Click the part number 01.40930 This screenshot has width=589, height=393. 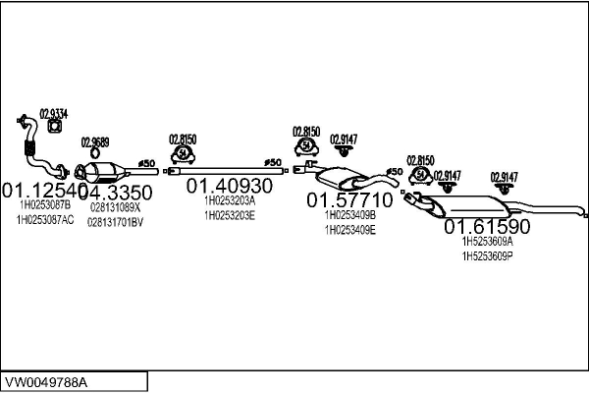click(230, 186)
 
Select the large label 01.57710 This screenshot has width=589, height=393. click(349, 200)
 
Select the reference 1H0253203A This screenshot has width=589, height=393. click(230, 200)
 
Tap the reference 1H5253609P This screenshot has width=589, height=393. click(488, 255)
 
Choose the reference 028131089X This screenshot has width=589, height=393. click(116, 207)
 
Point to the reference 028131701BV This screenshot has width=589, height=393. click(116, 222)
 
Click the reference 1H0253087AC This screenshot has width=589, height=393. click(45, 220)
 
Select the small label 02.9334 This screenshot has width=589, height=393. click(53, 113)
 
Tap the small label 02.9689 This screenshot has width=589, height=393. click(94, 141)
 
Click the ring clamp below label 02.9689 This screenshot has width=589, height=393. click(93, 153)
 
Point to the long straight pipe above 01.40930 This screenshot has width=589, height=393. click(228, 171)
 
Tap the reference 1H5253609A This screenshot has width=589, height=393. click(488, 241)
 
